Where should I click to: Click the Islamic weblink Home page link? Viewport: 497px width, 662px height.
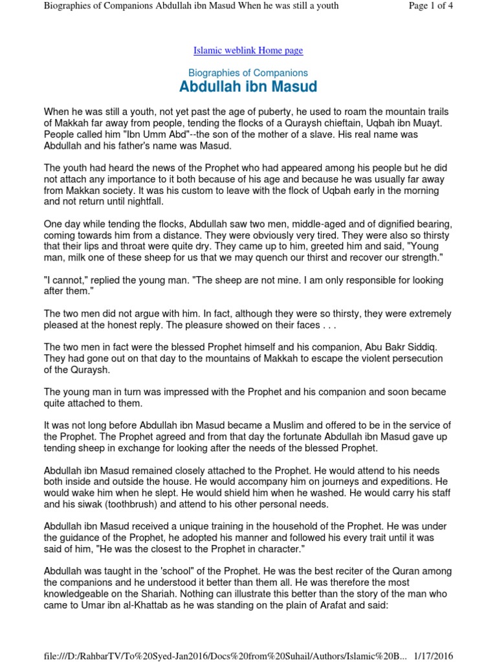[248, 50]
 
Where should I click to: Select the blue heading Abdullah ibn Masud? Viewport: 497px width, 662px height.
[248, 87]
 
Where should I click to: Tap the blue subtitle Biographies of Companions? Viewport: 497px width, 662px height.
[248, 73]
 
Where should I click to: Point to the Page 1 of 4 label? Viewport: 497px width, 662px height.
[431, 6]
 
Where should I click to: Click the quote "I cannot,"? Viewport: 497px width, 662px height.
[67, 280]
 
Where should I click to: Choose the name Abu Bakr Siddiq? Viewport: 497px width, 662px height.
[401, 347]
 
